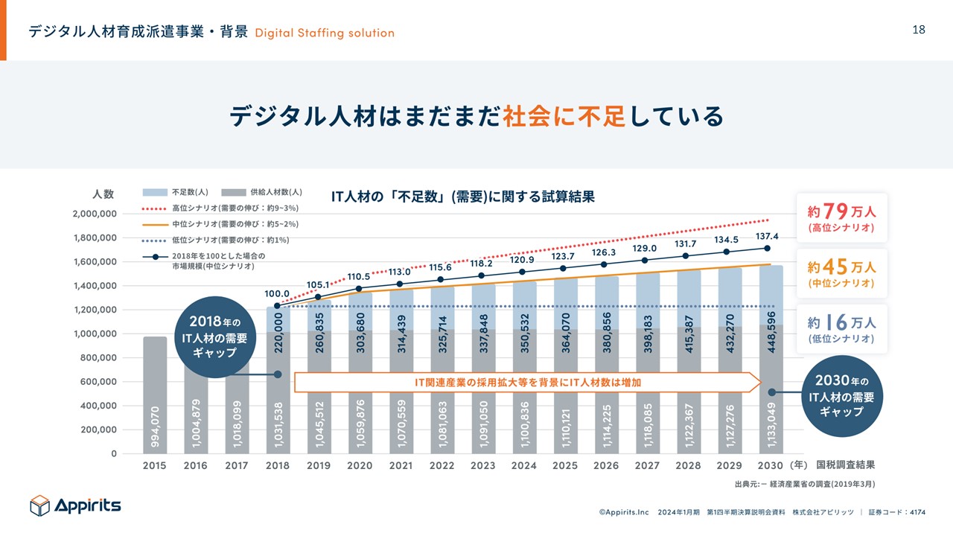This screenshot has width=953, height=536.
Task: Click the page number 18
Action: [919, 30]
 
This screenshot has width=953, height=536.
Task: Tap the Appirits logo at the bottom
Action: [75, 505]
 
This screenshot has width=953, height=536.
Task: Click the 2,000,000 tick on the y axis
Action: [95, 214]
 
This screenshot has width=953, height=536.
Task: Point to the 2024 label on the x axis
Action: [523, 465]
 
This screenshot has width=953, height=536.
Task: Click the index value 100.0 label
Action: [278, 294]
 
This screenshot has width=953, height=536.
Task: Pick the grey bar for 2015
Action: [155, 395]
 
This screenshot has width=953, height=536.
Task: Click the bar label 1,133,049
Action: [771, 425]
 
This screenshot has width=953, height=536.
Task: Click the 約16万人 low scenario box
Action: [842, 328]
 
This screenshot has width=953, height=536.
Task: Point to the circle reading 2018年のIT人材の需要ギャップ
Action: [212, 337]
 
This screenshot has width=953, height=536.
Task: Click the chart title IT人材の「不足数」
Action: [462, 197]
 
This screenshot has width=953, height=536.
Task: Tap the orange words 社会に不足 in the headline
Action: [564, 116]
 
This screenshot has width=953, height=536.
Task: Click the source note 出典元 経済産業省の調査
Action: [804, 484]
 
